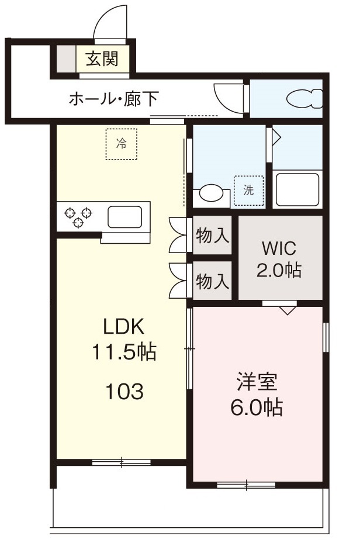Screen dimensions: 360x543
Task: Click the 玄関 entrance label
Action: [102, 59]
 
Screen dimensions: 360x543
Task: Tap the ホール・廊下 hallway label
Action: [114, 99]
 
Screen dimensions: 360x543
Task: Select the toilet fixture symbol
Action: [304, 99]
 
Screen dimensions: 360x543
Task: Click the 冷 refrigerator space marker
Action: [121, 144]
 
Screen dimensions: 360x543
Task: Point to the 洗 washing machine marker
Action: [248, 190]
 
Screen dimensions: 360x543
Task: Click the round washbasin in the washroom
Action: [211, 193]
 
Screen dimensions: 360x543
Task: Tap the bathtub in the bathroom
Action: [297, 189]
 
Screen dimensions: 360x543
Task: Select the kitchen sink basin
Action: [124, 217]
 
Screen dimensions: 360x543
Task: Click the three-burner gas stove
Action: [78, 217]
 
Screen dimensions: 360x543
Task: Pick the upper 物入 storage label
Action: [213, 236]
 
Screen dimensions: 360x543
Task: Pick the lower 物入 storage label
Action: [213, 281]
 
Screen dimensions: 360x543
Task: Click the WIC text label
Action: [279, 248]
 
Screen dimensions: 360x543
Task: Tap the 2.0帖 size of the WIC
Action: [279, 270]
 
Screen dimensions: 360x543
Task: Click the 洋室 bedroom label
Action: [257, 382]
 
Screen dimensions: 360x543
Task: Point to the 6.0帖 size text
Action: [257, 407]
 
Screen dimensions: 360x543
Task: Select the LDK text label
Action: [124, 326]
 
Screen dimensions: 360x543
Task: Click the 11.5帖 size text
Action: [124, 351]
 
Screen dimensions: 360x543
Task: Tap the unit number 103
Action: [124, 392]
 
